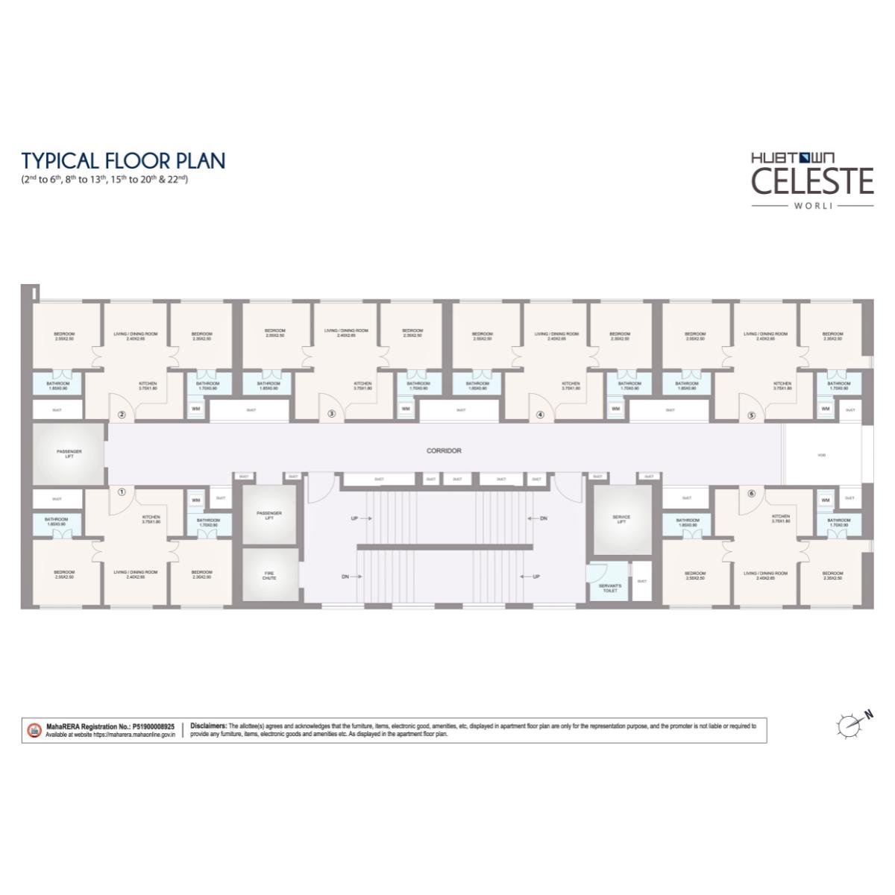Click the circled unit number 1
122,492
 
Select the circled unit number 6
751,492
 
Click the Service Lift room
621,518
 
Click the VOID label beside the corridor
821,455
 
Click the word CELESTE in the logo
811,181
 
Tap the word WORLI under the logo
811,205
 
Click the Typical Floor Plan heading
123,160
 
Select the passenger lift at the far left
69,453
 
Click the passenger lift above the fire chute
269,515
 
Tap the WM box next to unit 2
195,409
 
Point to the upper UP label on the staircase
355,518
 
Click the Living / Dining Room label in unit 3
346,333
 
